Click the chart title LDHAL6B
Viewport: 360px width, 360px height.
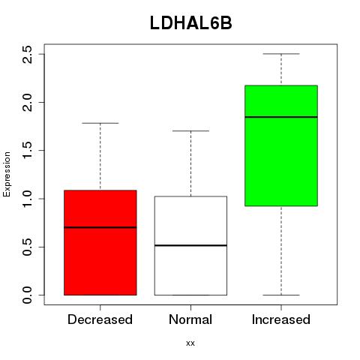point(191,23)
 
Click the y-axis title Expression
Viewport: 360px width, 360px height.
point(7,174)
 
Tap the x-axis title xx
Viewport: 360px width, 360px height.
point(190,343)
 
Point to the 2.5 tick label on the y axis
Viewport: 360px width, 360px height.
point(27,54)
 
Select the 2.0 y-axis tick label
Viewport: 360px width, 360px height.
point(27,103)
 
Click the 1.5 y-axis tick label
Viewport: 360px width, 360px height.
point(27,151)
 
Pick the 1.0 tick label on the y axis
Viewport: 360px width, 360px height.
point(27,199)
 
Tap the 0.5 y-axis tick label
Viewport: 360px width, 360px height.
point(27,247)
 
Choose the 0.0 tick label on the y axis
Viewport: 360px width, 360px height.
point(27,295)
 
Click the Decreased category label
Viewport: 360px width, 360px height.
point(100,319)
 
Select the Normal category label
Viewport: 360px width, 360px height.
point(190,319)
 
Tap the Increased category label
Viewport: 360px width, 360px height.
point(281,319)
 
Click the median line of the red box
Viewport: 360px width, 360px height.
point(100,227)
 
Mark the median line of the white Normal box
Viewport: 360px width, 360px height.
point(190,245)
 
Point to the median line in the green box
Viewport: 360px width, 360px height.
point(281,117)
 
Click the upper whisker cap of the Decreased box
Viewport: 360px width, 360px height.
point(100,123)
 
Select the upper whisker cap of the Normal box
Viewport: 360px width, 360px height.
point(190,130)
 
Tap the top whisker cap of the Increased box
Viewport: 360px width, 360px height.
point(281,54)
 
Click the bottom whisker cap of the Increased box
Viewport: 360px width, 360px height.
point(281,295)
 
